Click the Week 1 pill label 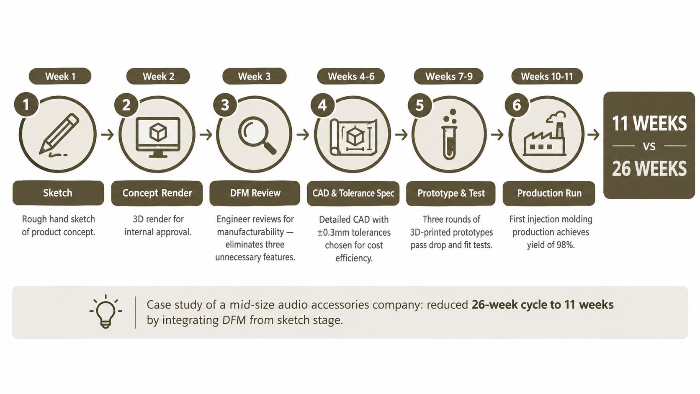coord(60,76)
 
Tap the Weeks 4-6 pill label coord(351,76)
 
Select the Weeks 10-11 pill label coord(547,76)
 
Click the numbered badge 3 coord(225,105)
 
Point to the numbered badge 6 coord(517,105)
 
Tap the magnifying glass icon coord(257,135)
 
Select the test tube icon coord(449,134)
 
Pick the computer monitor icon coord(158,137)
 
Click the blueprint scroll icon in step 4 coord(353,136)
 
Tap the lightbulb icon coord(106,312)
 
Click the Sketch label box coord(58,193)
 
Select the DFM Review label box coord(255,193)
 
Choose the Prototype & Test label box coord(451,193)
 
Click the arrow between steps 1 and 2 coord(107,135)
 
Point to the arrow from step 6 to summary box coord(593,135)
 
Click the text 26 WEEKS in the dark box coord(649,169)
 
